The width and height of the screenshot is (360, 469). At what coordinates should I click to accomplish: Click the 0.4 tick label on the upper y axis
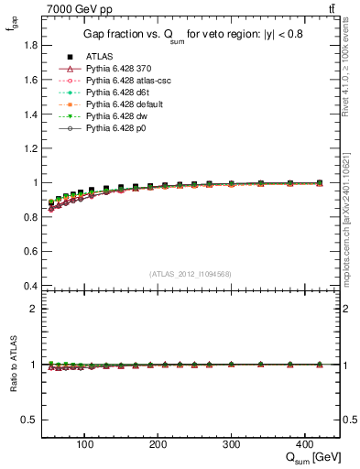pyautogui.click(x=30, y=286)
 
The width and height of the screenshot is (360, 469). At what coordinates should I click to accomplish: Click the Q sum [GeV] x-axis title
pyautogui.click(x=313, y=458)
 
